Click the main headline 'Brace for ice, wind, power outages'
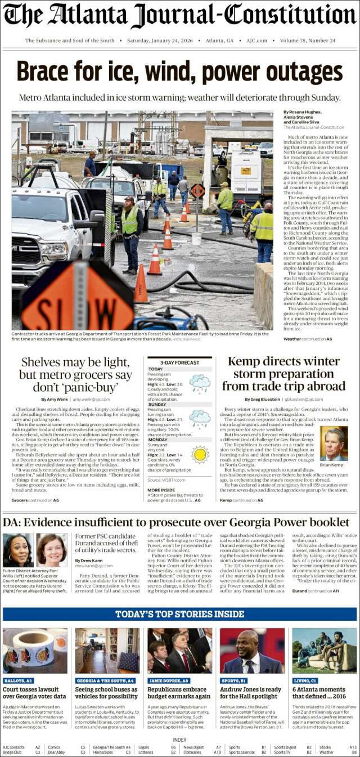tap(180, 72)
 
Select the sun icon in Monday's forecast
tap(200, 454)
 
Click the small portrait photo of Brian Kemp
tap(334, 444)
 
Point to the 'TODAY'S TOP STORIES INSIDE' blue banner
tap(180, 614)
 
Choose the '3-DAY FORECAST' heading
tap(179, 363)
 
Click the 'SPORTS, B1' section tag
tap(236, 680)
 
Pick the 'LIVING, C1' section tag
tap(305, 680)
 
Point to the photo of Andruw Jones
tap(251, 651)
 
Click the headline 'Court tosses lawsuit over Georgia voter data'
tap(35, 693)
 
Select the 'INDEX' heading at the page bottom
tap(180, 740)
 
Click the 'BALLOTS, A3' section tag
tap(19, 680)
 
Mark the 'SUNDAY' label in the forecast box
tap(157, 404)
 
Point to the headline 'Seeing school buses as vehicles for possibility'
tap(106, 693)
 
